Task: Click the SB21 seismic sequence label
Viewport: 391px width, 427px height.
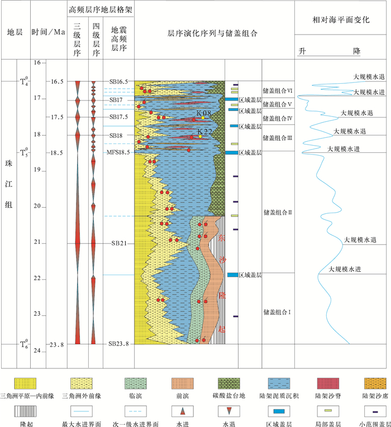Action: coord(118,243)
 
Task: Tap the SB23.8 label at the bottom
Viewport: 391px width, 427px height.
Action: coord(118,344)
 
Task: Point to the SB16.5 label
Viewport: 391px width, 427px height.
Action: coord(118,81)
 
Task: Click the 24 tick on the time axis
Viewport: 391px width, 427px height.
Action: coord(36,351)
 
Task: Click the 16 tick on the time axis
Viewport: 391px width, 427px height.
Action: coord(36,63)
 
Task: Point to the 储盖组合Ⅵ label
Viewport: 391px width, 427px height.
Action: coord(278,90)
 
